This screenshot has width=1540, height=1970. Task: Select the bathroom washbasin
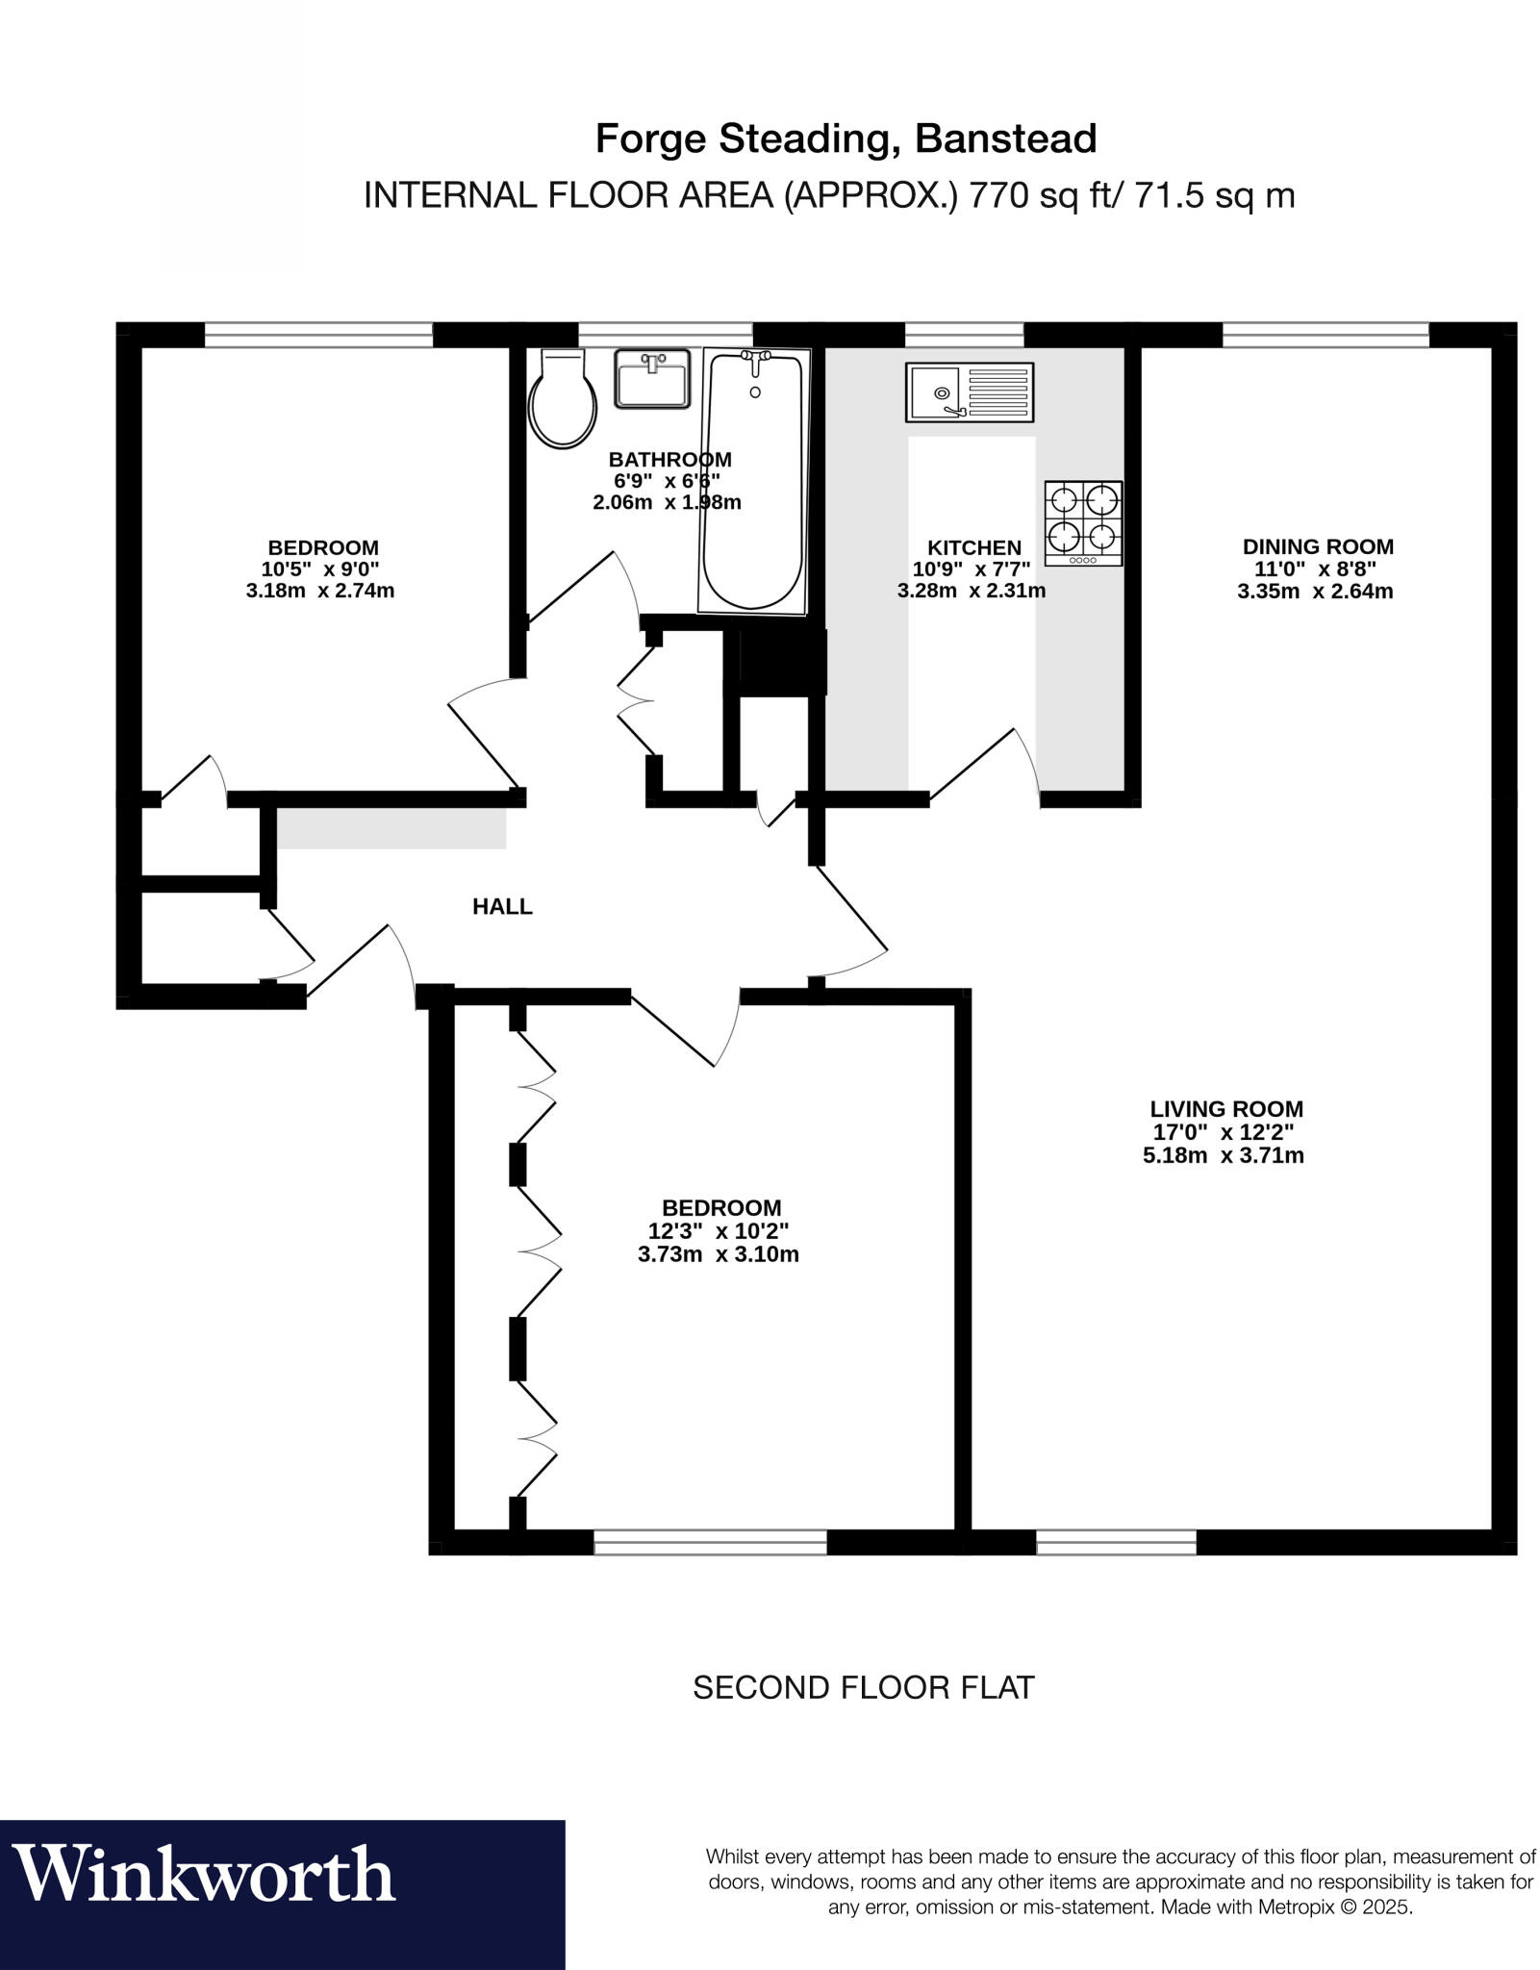tap(653, 379)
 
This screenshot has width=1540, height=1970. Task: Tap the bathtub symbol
tap(753, 481)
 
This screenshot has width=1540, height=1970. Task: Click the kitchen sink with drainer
tap(969, 391)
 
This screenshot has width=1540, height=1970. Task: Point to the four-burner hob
tap(1083, 522)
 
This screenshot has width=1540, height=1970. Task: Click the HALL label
tap(502, 906)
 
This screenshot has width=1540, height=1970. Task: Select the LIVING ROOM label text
tap(1225, 1109)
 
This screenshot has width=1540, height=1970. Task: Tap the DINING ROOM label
tap(1317, 546)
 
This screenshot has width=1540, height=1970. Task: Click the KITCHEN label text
tap(973, 547)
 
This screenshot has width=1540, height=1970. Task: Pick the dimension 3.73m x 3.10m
tap(718, 1254)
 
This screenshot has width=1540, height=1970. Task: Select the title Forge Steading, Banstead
tap(846, 139)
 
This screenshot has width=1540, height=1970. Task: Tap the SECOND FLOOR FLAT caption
tap(863, 1687)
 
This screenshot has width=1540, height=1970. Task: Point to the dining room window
tap(1325, 335)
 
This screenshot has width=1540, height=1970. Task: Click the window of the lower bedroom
tap(710, 1542)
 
